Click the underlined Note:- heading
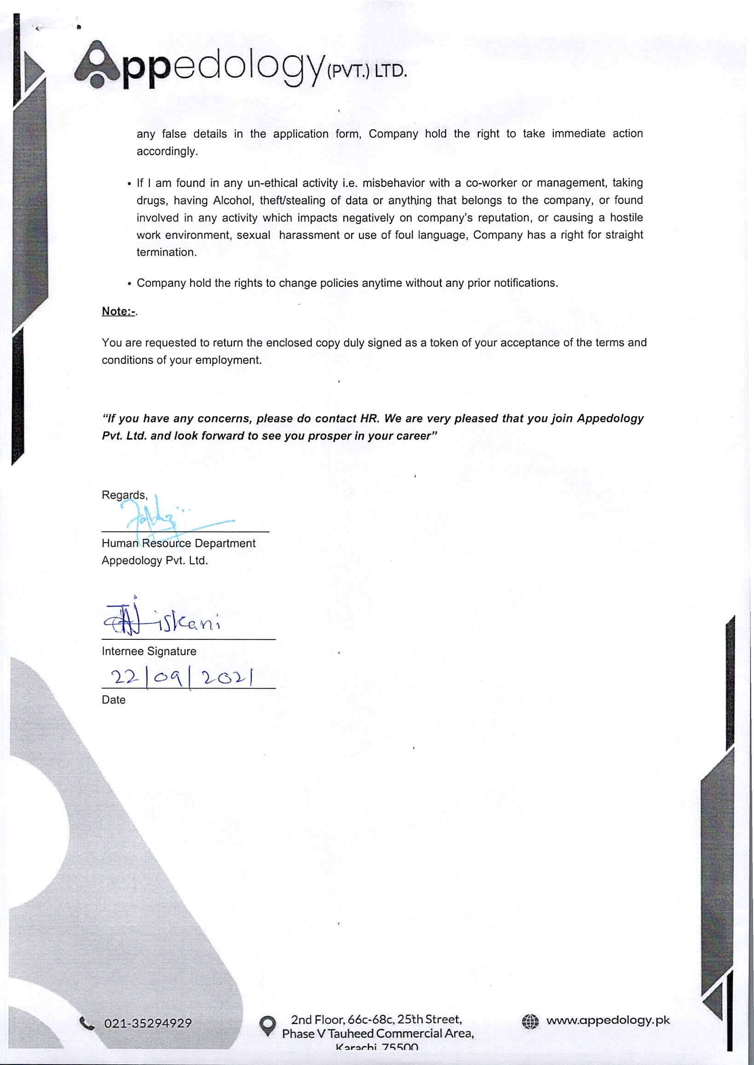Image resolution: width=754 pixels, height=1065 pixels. [118, 311]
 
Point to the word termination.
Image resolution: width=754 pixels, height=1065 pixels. [166, 253]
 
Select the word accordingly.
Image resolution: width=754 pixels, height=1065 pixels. [167, 151]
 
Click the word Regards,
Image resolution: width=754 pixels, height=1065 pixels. [124, 495]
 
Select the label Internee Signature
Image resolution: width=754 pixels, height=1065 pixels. [149, 651]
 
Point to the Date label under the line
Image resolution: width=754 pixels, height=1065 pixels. [113, 700]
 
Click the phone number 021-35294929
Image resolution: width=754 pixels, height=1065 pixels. [148, 1024]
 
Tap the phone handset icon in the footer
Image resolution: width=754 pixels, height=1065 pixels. [87, 1023]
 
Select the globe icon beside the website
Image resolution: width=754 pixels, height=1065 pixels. [530, 1021]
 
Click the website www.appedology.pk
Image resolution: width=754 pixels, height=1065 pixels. [608, 1020]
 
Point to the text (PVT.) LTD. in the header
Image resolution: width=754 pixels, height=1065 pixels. [367, 71]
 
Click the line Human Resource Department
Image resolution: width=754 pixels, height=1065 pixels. [178, 543]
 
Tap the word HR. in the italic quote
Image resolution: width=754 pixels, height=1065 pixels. [370, 418]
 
